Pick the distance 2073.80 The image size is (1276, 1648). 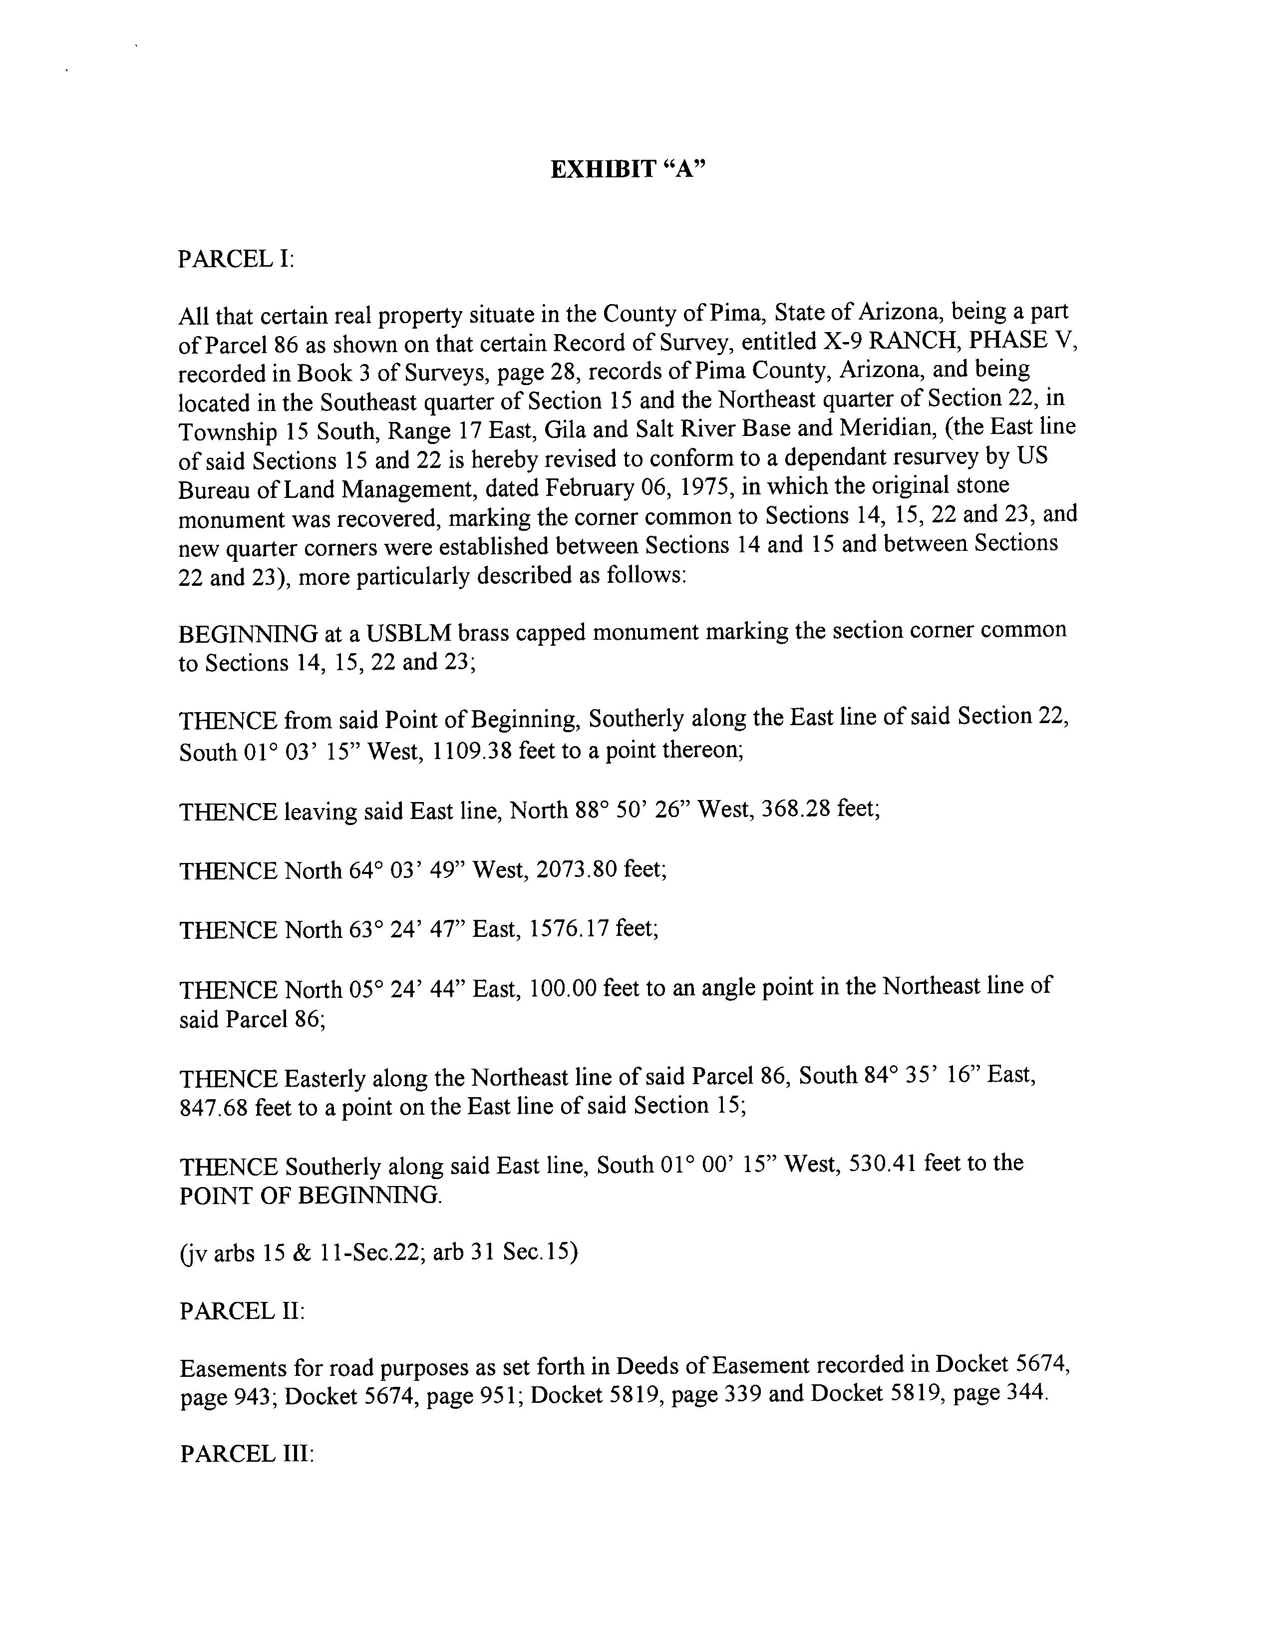point(577,870)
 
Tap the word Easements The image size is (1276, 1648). point(235,1367)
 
